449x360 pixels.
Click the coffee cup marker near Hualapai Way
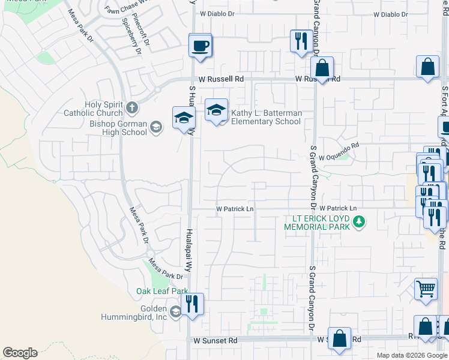pyautogui.click(x=200, y=46)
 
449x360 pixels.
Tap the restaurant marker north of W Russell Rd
pyautogui.click(x=300, y=42)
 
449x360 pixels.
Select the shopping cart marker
pyautogui.click(x=426, y=289)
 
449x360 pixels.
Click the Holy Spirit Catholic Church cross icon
pyautogui.click(x=133, y=109)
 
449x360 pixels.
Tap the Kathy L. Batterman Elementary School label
pyautogui.click(x=267, y=117)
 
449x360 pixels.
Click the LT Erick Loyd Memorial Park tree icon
pyautogui.click(x=359, y=223)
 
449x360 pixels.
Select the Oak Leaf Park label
pyautogui.click(x=162, y=291)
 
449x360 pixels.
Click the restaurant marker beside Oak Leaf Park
pyautogui.click(x=192, y=304)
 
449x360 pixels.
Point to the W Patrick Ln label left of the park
pyautogui.click(x=235, y=209)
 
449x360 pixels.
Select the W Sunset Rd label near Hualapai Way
pyautogui.click(x=215, y=340)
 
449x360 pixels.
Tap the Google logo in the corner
pyautogui.click(x=20, y=353)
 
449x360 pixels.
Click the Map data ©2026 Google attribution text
pyautogui.click(x=412, y=355)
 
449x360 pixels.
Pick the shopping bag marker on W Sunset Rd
pyautogui.click(x=339, y=337)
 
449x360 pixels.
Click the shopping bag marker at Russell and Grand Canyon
pyautogui.click(x=322, y=69)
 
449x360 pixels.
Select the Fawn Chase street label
pyautogui.click(x=121, y=10)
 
